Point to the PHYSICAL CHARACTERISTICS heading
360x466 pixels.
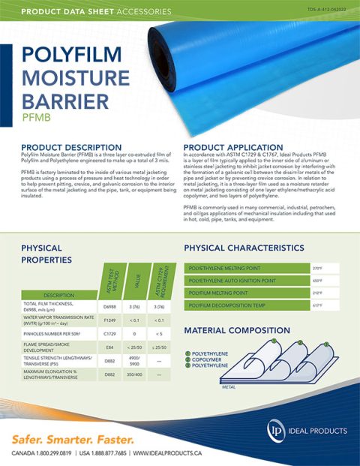(x=254, y=248)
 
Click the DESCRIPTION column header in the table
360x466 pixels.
(x=59, y=295)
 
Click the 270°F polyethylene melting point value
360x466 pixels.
(x=316, y=268)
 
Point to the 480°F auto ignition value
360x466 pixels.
(x=316, y=281)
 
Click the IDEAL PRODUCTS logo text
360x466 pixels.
(x=318, y=431)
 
